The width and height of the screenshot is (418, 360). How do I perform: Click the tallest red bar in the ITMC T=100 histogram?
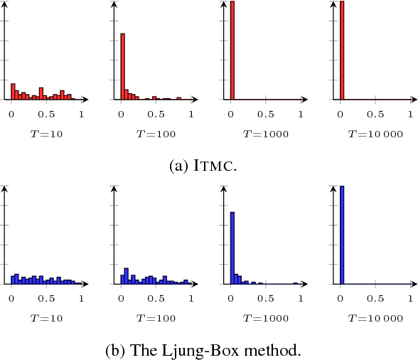click(122, 66)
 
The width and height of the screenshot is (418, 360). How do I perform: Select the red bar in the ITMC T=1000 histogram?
click(232, 50)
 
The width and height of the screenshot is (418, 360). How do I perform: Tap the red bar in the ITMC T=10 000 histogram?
click(342, 50)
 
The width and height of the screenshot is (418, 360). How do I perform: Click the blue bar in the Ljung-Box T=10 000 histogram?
click(342, 235)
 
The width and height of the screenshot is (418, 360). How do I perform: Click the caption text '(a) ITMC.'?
click(208, 165)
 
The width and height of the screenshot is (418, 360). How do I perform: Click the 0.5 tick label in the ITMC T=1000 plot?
click(266, 114)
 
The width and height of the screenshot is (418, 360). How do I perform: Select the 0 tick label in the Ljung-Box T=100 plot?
click(121, 298)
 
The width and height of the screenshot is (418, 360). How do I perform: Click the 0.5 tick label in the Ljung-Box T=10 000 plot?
click(375, 298)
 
